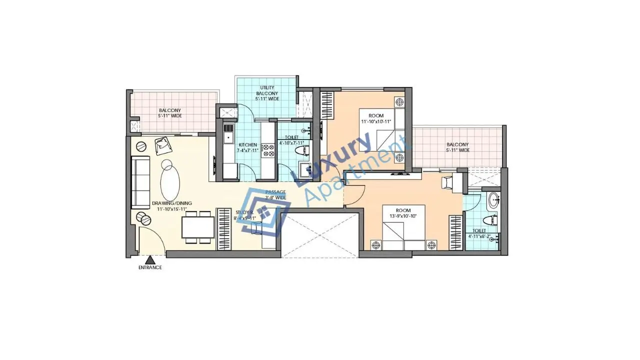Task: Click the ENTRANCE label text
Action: point(150,267)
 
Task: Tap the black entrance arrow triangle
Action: point(149,259)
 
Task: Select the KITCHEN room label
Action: point(247,147)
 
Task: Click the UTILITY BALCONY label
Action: point(267,93)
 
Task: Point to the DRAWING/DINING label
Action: point(171,206)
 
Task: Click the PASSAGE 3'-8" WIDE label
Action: point(275,194)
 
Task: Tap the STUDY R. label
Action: point(245,215)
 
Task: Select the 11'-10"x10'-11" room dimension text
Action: point(376,121)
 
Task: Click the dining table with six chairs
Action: point(198,226)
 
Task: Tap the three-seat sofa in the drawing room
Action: point(140,182)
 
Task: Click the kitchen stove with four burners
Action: point(267,150)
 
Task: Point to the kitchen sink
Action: point(228,135)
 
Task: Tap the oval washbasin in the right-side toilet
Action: point(494,200)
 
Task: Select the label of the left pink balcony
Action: point(170,113)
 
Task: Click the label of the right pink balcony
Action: point(457,147)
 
